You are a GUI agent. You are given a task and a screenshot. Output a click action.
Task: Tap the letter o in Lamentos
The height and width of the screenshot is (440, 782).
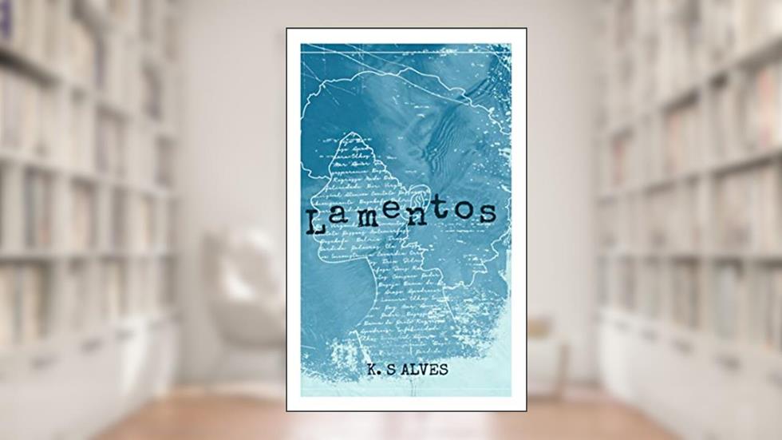click(467, 212)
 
